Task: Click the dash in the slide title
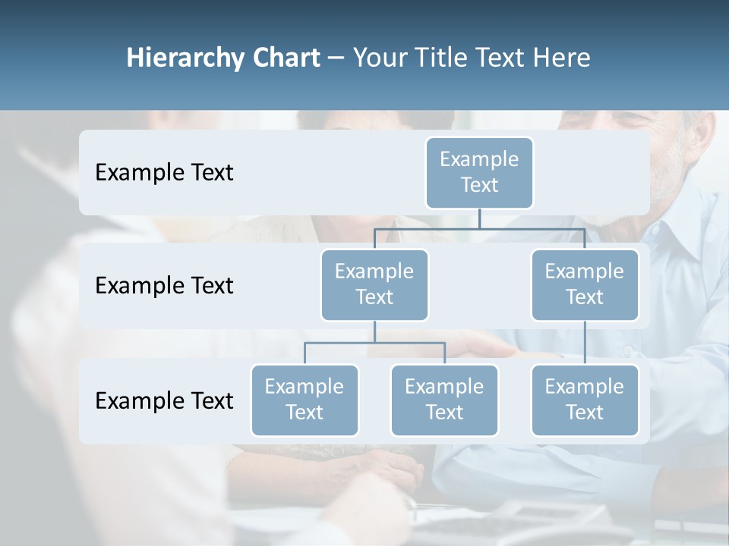(336, 58)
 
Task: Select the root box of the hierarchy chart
(479, 172)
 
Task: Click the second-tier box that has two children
(374, 284)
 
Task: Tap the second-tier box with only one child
(585, 284)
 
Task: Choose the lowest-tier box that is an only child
(585, 400)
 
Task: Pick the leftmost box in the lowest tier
(305, 400)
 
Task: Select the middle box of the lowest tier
(444, 400)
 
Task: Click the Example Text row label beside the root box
(164, 173)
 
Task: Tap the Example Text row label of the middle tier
(164, 286)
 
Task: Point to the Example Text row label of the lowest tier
(164, 400)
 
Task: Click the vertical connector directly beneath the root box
(479, 218)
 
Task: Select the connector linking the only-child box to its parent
(585, 343)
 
